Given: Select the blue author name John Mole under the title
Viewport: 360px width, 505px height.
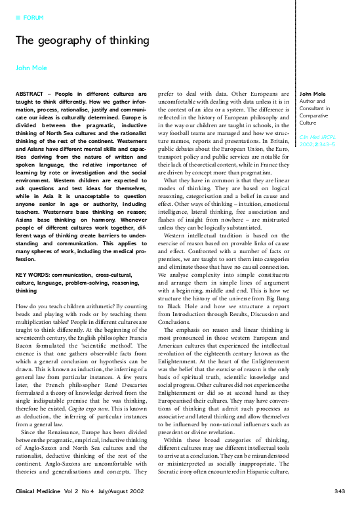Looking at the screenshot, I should coord(31,68).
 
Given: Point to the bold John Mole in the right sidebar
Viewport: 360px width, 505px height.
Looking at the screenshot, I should coord(313,94).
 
